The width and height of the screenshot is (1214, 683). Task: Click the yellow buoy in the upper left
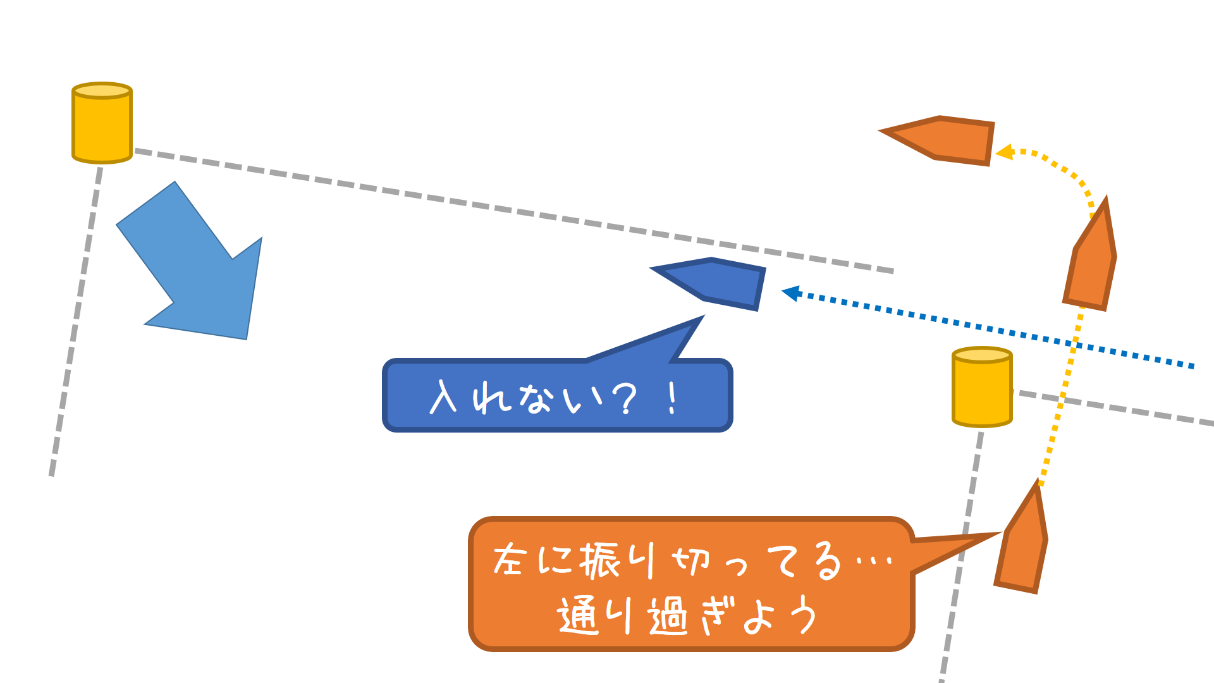coord(102,124)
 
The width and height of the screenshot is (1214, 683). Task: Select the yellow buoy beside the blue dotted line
coord(982,388)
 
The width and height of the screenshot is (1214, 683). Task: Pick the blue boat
coord(718,283)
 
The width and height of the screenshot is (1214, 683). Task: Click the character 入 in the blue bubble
coord(443,397)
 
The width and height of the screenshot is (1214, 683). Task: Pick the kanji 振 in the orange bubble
coord(601,560)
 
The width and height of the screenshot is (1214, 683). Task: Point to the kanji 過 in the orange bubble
coord(668,616)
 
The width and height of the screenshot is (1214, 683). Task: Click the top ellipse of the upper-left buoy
coord(102,90)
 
